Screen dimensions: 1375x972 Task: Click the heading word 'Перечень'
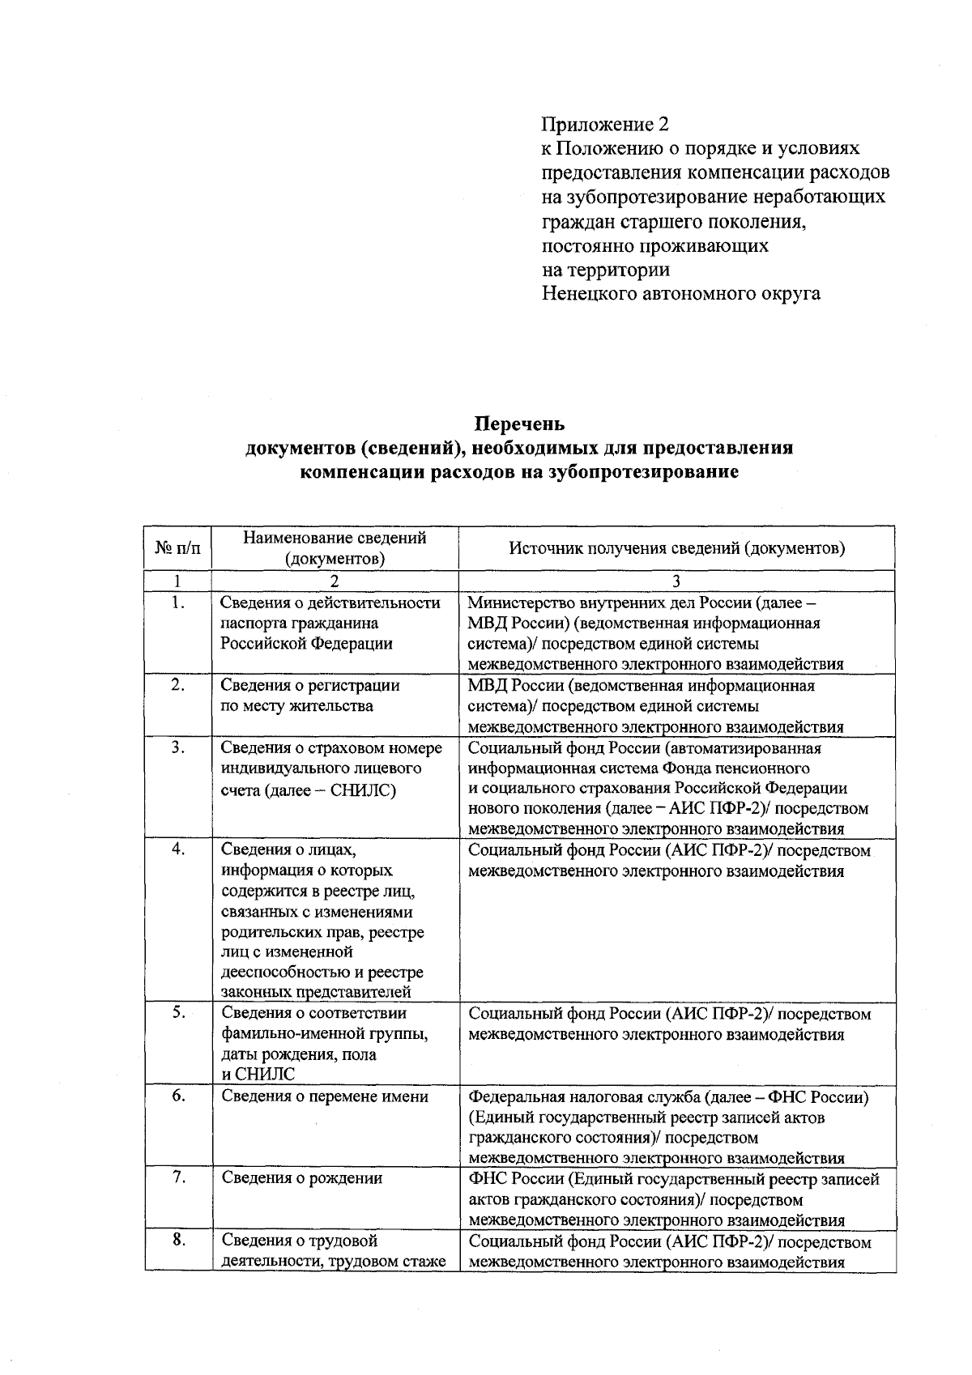[519, 424]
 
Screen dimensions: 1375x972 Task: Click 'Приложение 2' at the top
[606, 124]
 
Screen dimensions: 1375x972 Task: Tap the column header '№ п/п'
[177, 547]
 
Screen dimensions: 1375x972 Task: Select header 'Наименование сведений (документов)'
[335, 547]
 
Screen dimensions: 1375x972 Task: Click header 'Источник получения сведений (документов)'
[676, 547]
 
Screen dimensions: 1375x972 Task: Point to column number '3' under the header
[676, 581]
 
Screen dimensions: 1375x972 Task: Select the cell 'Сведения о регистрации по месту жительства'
[309, 695]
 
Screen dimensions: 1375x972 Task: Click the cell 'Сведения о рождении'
[301, 1178]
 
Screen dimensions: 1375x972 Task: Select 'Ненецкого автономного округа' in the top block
[680, 293]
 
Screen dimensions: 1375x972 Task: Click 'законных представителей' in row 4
[316, 992]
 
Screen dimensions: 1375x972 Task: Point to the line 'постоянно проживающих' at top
[654, 245]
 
